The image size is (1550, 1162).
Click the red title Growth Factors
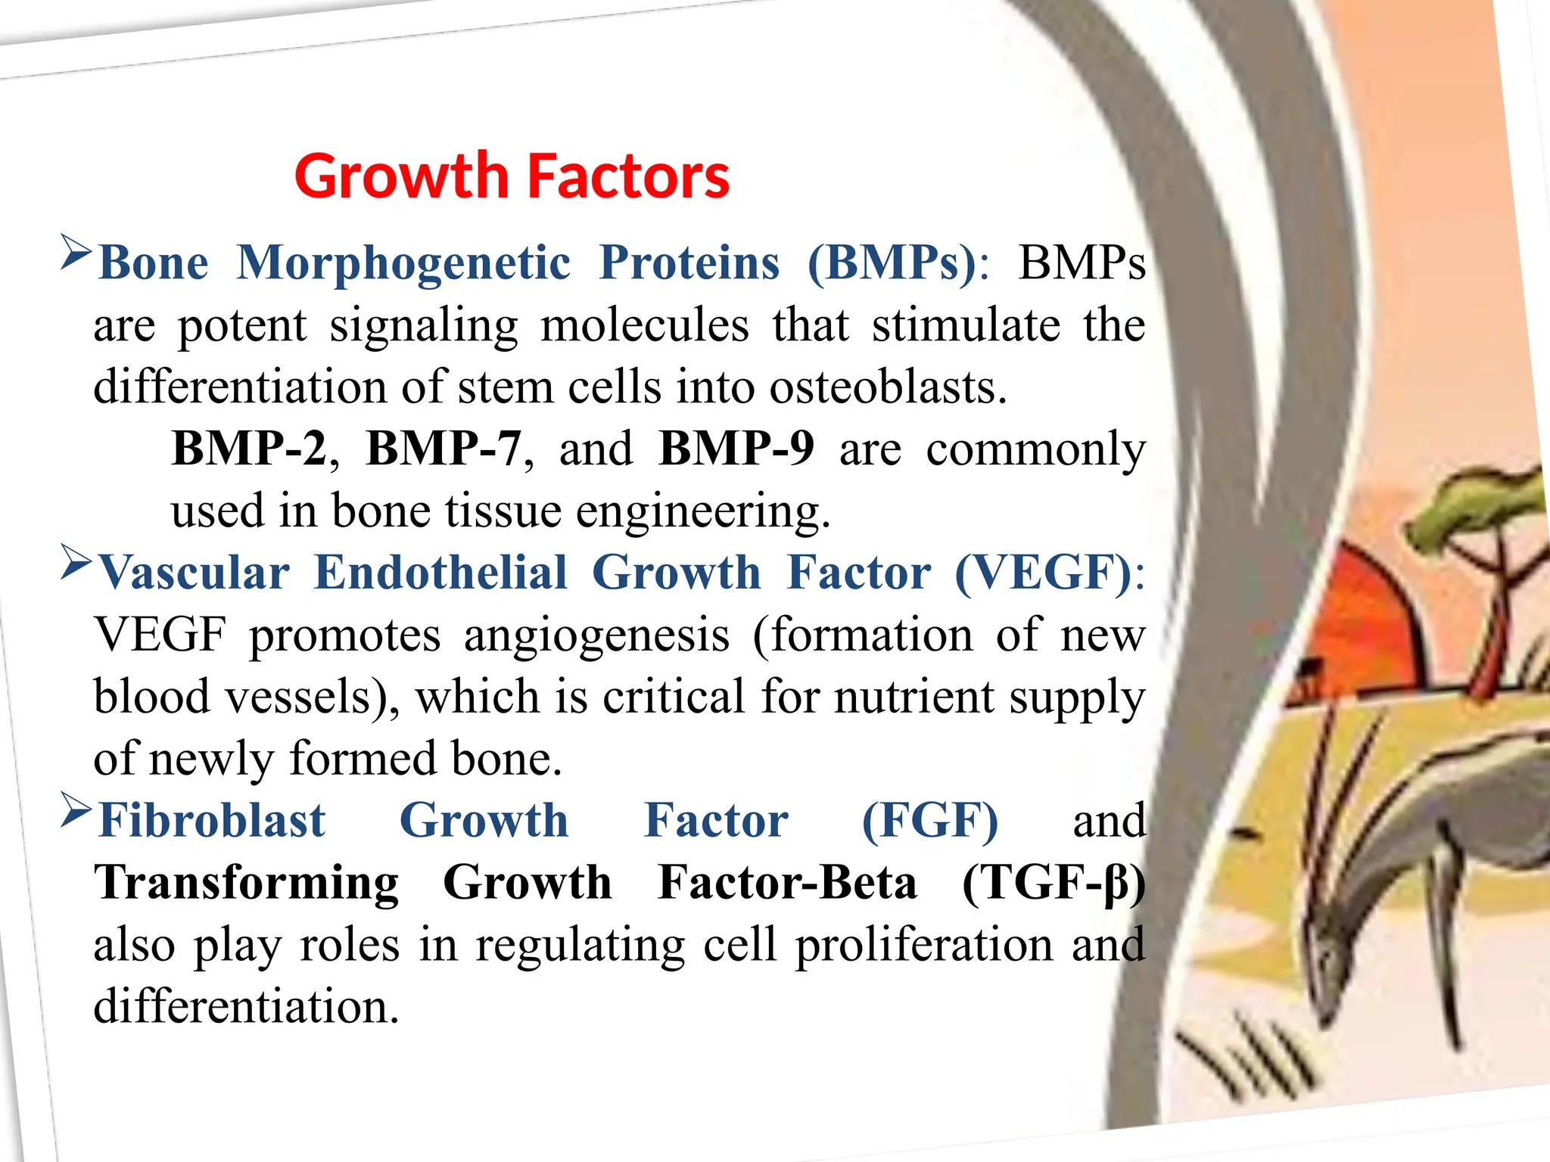512,176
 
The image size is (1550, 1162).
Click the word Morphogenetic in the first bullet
403,263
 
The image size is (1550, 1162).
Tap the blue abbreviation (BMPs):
898,263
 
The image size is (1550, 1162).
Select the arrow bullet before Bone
76,253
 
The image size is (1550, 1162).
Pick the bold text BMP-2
248,448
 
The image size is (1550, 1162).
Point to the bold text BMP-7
444,448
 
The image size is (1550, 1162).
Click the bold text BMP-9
736,448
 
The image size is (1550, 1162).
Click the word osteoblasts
888,387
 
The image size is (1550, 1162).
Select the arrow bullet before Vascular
76,562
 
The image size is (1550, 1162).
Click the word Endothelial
440,573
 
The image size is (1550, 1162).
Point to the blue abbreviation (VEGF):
1049,573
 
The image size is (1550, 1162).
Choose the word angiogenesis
596,635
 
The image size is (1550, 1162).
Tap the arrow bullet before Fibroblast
76,810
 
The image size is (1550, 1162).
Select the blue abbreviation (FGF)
929,821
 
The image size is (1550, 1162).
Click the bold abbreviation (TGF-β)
1053,883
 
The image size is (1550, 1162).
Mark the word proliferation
924,945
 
